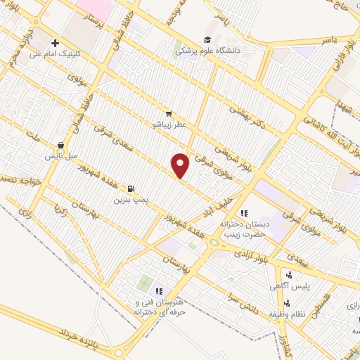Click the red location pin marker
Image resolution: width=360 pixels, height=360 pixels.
[181, 165]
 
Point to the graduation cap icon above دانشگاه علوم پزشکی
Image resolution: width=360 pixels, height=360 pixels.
[207, 40]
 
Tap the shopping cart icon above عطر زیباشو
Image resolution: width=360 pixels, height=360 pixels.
[168, 114]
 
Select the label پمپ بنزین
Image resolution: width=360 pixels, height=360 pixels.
[131, 200]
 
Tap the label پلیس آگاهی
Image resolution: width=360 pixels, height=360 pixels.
[288, 286]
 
